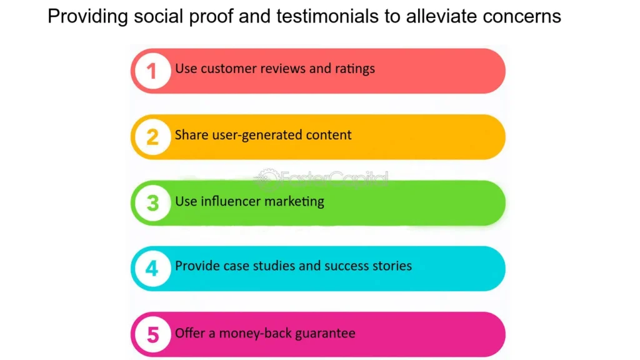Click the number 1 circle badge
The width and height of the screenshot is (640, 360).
click(152, 71)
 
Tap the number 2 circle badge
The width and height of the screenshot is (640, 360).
click(152, 137)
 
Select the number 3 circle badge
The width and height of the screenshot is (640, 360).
click(152, 203)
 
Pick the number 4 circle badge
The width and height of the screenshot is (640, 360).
click(152, 269)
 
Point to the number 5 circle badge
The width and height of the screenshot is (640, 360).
click(152, 335)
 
